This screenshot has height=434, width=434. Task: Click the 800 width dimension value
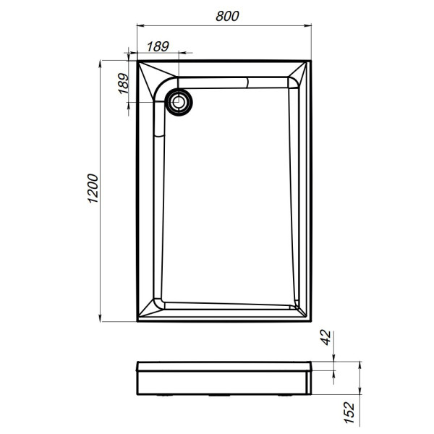226,15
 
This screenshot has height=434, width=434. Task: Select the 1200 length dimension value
91,191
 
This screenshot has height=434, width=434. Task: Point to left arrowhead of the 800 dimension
140,27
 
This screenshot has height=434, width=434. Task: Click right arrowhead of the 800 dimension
311,27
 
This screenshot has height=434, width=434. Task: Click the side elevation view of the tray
225,377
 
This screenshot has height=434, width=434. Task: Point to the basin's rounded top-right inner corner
294,83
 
